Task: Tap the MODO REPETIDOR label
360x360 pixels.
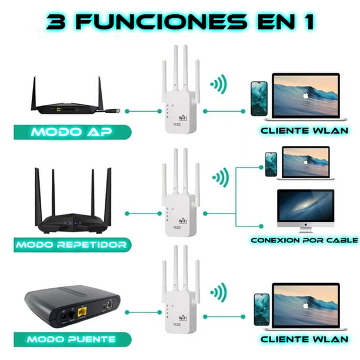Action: click(x=71, y=244)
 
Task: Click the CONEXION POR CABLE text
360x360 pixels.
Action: click(x=304, y=240)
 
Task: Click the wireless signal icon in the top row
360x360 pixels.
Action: click(x=218, y=84)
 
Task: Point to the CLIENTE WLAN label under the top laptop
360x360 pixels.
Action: click(x=305, y=130)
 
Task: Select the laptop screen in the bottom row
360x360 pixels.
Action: click(x=305, y=304)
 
